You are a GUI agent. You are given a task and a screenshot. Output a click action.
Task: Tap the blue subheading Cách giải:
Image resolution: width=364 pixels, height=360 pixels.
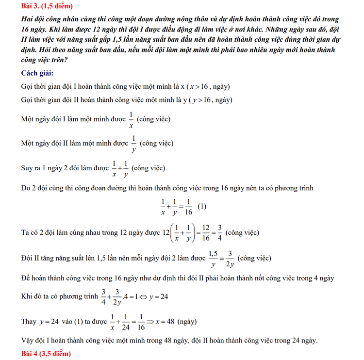[37, 73]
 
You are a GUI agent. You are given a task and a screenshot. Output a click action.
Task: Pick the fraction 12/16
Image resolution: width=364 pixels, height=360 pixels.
[206, 232]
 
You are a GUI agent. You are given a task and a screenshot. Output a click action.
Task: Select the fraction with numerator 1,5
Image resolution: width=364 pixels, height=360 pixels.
[213, 258]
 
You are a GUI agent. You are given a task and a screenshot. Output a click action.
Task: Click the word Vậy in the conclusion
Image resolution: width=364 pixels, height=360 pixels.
[29, 341]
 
